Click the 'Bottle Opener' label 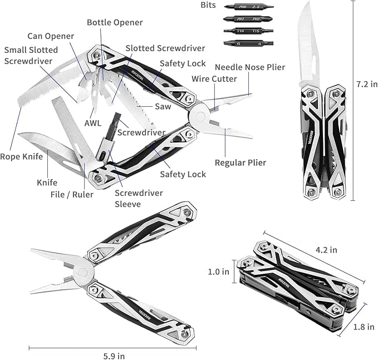point(115,23)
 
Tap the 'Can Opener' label point(52,36)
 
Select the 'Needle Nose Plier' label point(249,67)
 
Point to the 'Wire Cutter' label point(214,79)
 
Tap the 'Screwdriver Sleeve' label point(139,198)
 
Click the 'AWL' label point(93,124)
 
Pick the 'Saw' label point(163,106)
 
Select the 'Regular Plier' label point(240,162)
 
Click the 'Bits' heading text point(209,5)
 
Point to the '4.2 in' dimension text point(326,250)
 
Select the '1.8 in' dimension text point(364,327)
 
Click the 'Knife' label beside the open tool point(47,182)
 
